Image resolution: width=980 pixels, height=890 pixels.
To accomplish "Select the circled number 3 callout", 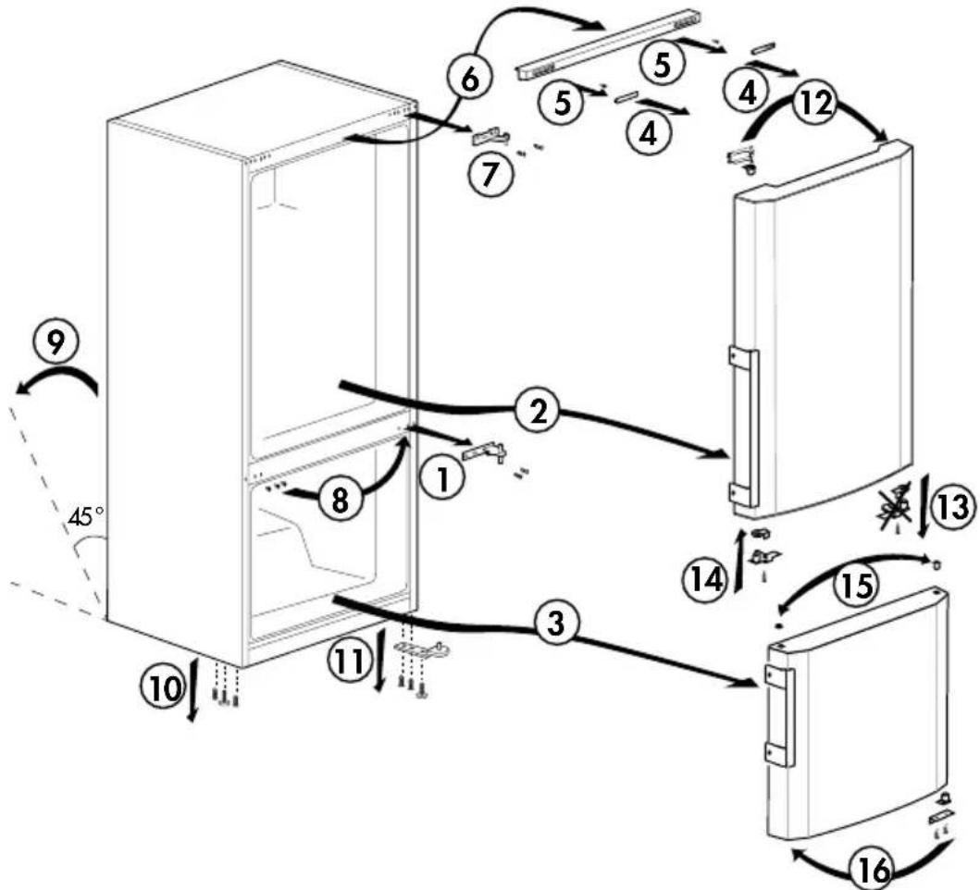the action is (x=555, y=624).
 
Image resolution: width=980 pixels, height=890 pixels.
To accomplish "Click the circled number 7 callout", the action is (x=490, y=173).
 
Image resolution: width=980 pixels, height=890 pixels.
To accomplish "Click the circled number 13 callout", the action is (x=952, y=506).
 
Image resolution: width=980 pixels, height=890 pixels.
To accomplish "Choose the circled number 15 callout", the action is (x=857, y=585).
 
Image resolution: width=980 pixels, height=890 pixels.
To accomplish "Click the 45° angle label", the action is (x=86, y=516).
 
